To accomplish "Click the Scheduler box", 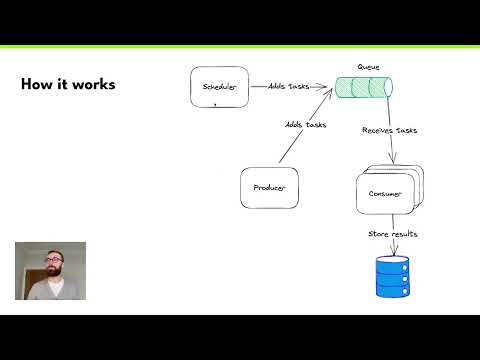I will (x=219, y=86).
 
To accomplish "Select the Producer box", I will (x=269, y=188).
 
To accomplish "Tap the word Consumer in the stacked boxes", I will (x=386, y=194).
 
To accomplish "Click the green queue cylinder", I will (x=363, y=88).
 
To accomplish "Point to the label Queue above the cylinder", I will (x=368, y=67).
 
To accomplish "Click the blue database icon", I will (x=392, y=277).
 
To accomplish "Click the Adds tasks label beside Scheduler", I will (x=288, y=86).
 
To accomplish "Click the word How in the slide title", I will (x=36, y=85).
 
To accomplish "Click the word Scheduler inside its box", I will (x=219, y=87).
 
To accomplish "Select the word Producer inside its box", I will (x=269, y=188).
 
